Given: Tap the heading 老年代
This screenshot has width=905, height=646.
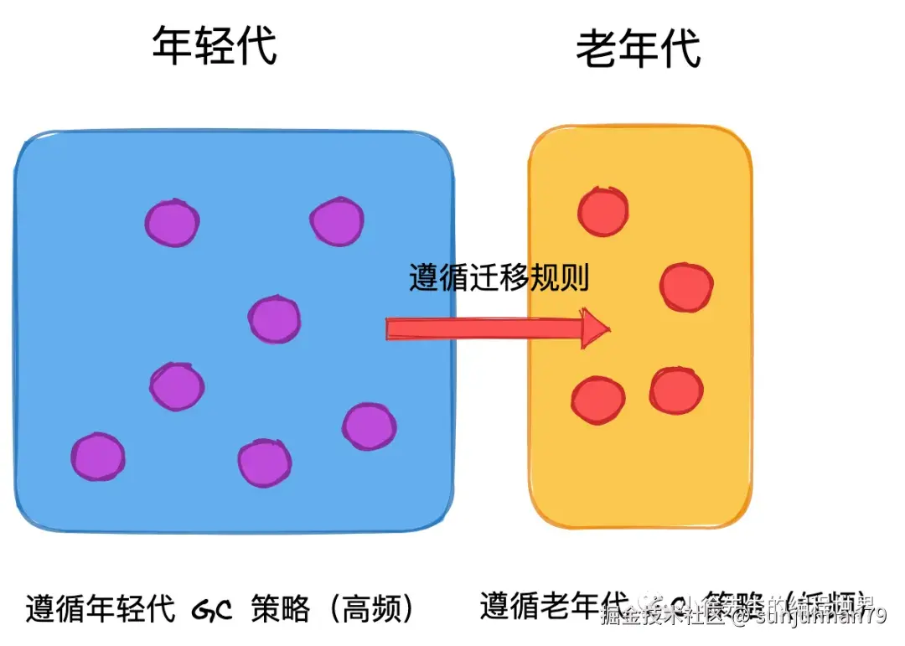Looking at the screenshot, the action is pyautogui.click(x=639, y=49).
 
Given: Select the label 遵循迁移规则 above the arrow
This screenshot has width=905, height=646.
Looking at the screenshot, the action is pyautogui.click(x=499, y=277).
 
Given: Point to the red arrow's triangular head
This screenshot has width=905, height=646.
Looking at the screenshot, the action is pyautogui.click(x=596, y=327).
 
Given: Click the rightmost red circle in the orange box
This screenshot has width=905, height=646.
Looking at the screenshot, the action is pyautogui.click(x=687, y=287).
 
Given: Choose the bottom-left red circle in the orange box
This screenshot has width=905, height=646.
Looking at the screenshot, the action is pyautogui.click(x=598, y=399).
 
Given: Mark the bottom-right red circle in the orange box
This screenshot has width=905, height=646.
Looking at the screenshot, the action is pyautogui.click(x=676, y=390).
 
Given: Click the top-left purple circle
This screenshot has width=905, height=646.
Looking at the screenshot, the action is pyautogui.click(x=172, y=222).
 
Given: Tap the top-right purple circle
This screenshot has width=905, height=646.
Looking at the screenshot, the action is pyautogui.click(x=337, y=221).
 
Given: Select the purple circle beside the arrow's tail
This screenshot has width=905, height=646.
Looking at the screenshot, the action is pyautogui.click(x=274, y=319).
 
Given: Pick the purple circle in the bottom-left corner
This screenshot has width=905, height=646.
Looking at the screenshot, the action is pyautogui.click(x=98, y=457).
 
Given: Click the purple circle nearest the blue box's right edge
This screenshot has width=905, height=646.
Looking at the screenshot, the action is pyautogui.click(x=369, y=426).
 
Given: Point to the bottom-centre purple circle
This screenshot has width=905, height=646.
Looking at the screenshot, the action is pyautogui.click(x=265, y=463).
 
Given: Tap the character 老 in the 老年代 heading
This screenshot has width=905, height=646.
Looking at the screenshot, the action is pyautogui.click(x=597, y=49).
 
